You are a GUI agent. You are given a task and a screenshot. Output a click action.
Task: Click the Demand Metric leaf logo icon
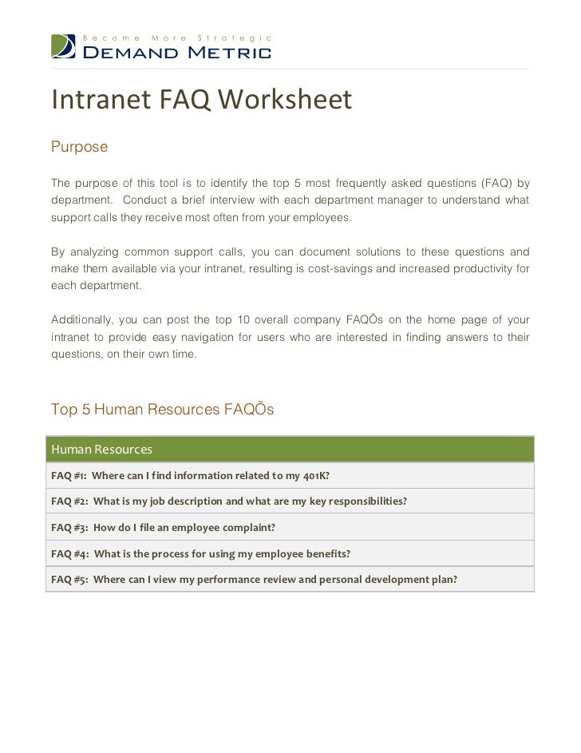64,46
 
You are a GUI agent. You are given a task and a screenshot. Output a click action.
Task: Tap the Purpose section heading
79,148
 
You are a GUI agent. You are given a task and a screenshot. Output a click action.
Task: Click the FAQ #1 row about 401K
291,476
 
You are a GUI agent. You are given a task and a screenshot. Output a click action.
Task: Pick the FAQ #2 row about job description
291,501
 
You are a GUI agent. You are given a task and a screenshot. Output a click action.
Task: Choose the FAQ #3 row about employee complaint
291,527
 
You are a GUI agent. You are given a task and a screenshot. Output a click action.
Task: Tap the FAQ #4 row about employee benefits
291,553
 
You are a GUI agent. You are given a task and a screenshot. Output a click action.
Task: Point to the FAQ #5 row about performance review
291,579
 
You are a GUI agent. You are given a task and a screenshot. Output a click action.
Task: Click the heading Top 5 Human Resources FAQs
162,410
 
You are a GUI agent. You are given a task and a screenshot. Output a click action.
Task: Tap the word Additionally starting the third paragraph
80,320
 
